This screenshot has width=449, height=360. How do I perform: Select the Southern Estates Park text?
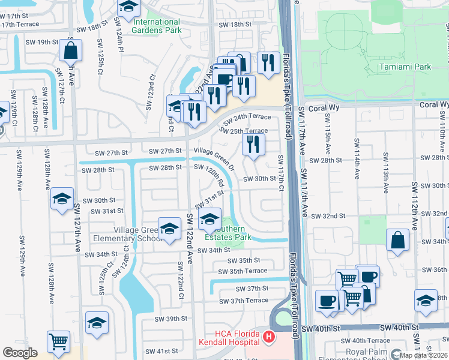coord(226,233)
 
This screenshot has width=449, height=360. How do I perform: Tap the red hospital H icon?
coord(270,338)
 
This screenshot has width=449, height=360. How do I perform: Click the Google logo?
coord(20,352)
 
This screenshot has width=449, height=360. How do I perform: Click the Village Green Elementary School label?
coord(134,234)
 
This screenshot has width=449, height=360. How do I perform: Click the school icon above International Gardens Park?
coord(128,7)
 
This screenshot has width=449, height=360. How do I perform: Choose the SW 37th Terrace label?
coord(244,300)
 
